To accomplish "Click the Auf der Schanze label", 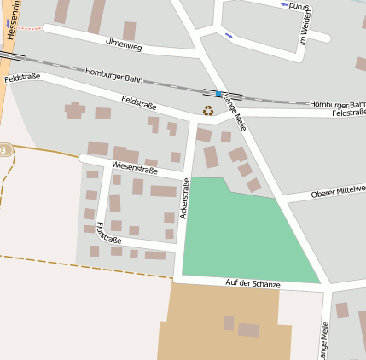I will tap(253, 283).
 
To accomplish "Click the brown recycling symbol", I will tap(207, 110).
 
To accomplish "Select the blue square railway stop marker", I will tap(219, 93).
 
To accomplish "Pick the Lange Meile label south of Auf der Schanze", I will tap(323, 340).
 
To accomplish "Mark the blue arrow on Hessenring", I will tap(9, 23).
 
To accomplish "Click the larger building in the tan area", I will tap(248, 330).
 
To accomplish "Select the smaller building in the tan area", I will tap(229, 322).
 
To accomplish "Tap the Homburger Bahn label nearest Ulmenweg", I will tap(114, 76).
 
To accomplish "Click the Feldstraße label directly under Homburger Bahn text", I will tap(348, 113).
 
